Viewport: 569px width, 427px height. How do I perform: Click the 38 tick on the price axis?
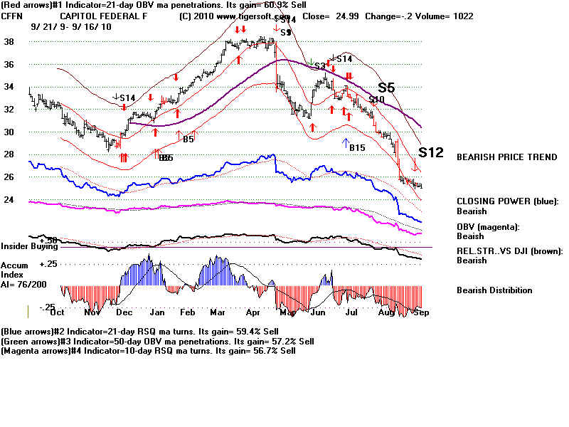pos(9,42)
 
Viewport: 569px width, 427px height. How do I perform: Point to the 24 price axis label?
pos(9,200)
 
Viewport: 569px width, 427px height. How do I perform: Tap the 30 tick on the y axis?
pos(9,132)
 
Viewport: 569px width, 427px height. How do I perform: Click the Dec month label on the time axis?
pos(124,312)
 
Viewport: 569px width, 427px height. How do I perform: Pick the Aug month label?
pos(387,312)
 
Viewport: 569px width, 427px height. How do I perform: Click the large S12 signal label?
pos(431,152)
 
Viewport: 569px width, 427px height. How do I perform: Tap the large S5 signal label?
pos(386,88)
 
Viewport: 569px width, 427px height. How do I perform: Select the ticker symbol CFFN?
pos(13,15)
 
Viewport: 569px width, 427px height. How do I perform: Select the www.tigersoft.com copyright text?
pos(235,15)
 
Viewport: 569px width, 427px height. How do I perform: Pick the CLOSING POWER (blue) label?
pos(506,201)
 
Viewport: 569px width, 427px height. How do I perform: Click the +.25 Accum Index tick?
pos(48,263)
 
